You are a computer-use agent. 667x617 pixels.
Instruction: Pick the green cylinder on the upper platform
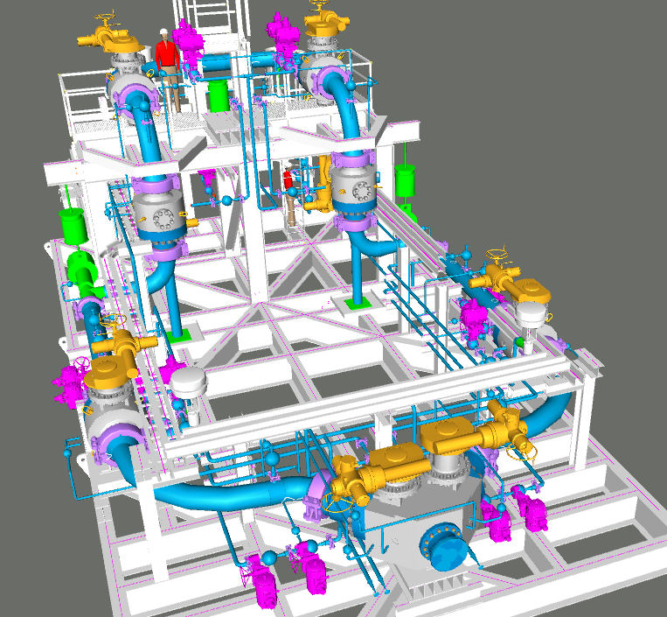pos(219,95)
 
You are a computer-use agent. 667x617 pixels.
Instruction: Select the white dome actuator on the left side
pos(187,382)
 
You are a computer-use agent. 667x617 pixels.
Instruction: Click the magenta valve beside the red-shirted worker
pos(187,36)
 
